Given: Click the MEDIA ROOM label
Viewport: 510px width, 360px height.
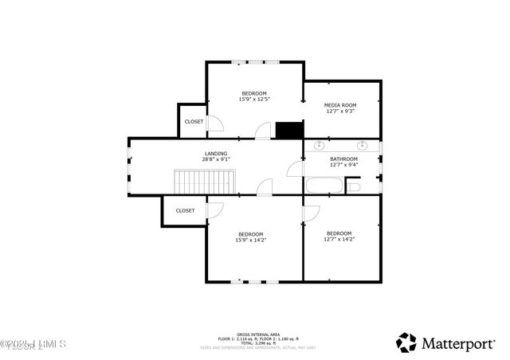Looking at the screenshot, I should point(339,105).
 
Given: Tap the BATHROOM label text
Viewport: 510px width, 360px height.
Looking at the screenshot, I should point(344,159).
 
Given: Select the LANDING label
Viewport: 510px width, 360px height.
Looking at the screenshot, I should point(215,154).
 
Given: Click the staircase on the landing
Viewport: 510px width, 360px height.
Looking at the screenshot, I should point(205,181).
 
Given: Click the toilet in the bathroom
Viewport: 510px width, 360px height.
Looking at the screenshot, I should point(354,186).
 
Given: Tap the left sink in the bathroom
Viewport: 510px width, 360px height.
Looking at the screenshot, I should point(320,146).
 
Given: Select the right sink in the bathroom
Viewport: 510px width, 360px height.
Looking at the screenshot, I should point(363,146).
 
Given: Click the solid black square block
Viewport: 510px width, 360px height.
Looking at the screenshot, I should point(288,130).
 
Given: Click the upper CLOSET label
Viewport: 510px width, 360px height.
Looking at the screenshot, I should point(194,122).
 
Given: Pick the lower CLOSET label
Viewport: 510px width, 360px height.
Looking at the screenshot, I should point(185,211).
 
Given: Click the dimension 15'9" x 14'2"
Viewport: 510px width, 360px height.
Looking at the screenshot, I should point(250,240).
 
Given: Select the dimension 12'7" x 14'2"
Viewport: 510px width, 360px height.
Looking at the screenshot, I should point(339,239).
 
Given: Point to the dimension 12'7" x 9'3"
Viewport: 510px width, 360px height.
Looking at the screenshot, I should point(339,112).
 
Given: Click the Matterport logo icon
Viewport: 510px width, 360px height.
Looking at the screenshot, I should point(406,342).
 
